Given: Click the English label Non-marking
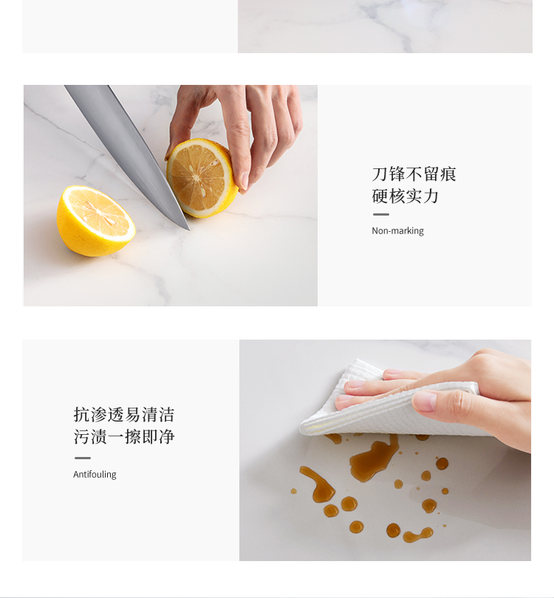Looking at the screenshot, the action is coord(397,231).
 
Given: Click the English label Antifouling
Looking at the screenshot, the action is coord(95,475).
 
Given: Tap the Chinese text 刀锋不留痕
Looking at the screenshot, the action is coord(414,174).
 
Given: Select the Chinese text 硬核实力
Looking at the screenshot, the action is coord(406,196).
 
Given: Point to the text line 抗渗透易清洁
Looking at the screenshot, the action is coord(124,415).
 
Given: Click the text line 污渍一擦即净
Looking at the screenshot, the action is coord(124,436).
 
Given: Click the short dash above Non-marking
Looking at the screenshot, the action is coord(380,214).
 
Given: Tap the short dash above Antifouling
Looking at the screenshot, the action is coord(83,458).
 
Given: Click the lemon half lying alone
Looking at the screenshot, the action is coord(96,221).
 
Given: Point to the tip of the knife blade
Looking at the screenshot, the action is coord(189,230).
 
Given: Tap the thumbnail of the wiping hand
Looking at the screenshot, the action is coord(424,402).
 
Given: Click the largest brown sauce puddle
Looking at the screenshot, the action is coord(374,458).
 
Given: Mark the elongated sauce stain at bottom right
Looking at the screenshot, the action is coord(418,535).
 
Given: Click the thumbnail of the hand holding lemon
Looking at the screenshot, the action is coord(244,182).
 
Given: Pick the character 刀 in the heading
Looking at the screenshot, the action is coord(380,174).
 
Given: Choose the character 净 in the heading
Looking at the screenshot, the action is coord(167,436).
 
